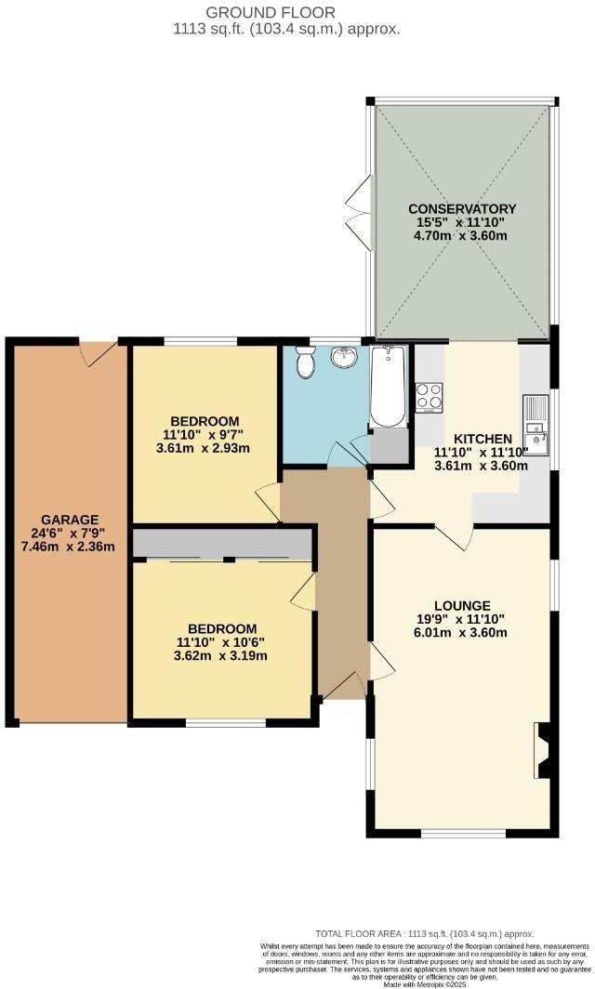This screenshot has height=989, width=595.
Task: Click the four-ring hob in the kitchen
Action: tap(430, 396)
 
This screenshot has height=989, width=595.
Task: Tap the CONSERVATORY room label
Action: tap(462, 208)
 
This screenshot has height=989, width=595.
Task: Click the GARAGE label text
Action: tap(69, 519)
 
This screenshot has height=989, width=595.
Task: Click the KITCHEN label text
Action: tap(482, 439)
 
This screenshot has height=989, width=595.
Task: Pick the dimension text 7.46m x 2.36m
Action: tap(69, 547)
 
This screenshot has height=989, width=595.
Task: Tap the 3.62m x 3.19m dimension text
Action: tap(221, 655)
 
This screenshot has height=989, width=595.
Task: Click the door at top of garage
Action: tap(98, 351)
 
